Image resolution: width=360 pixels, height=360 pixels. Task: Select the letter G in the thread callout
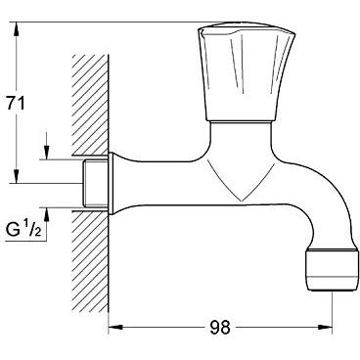click(x=13, y=231)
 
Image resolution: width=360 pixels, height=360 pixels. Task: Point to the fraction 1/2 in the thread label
click(x=32, y=230)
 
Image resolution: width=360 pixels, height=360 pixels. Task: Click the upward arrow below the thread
click(x=45, y=212)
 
